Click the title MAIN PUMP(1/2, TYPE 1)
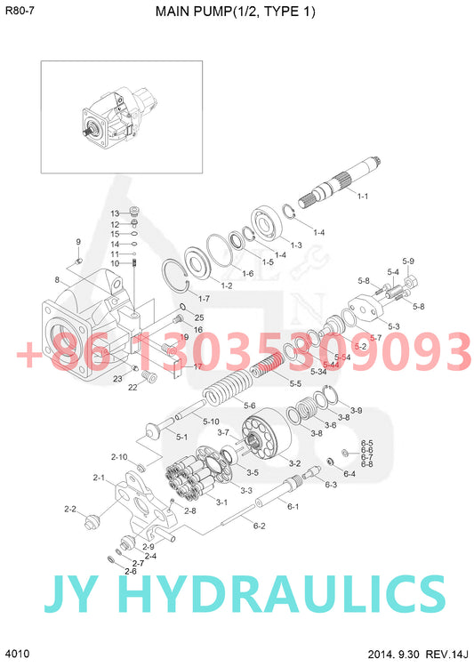click(x=236, y=12)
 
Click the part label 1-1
click(x=362, y=196)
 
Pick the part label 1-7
click(x=204, y=298)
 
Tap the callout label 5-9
click(x=408, y=261)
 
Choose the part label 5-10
click(x=211, y=421)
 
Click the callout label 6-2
click(x=259, y=526)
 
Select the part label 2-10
click(x=119, y=456)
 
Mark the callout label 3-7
click(x=223, y=432)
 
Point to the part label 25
click(x=199, y=317)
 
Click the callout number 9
click(x=77, y=242)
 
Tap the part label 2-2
click(x=70, y=509)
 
